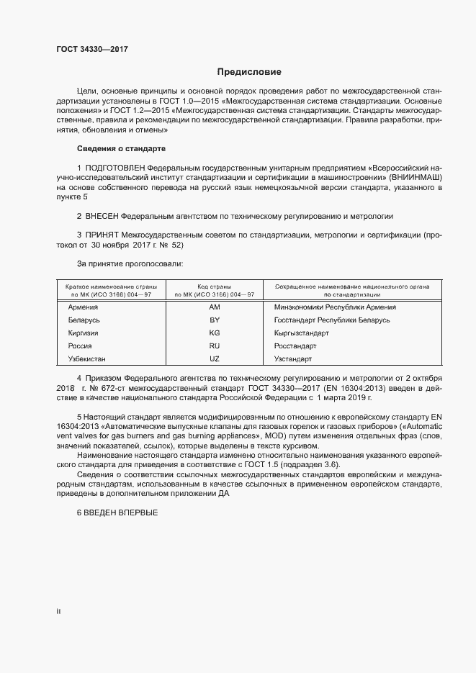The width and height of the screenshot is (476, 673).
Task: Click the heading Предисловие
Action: point(250,72)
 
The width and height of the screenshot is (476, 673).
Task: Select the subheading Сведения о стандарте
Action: point(121,148)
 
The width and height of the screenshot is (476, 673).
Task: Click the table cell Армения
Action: point(83,307)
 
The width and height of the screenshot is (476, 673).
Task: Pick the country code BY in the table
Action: point(214,320)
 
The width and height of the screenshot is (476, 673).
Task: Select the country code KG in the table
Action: point(214,333)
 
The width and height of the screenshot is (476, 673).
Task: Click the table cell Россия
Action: point(79,345)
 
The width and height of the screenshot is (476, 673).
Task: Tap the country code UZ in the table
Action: point(214,358)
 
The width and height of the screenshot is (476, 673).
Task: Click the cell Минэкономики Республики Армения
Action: point(334,307)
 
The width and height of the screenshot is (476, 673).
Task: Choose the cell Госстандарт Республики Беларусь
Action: point(331,320)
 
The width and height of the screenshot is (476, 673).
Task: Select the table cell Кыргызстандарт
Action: point(301,333)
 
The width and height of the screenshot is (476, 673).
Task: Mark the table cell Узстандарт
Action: point(292,358)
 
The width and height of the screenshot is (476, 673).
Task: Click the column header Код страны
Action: point(213,286)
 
